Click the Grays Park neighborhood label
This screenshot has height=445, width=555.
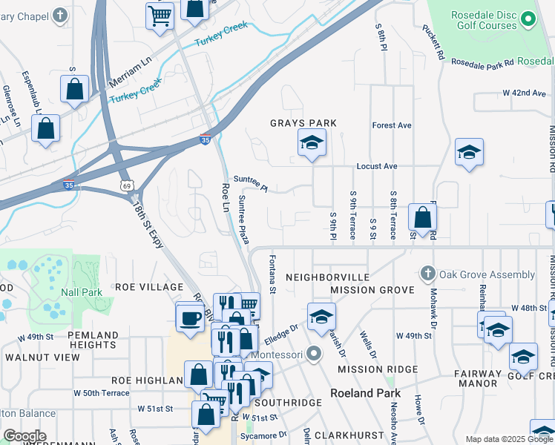point(303,123)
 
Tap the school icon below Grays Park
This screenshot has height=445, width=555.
point(312,143)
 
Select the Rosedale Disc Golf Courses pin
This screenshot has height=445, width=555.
point(528,19)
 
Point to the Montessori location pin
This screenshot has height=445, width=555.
point(313,354)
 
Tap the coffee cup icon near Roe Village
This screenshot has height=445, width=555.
point(190,317)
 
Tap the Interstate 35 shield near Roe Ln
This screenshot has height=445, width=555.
point(205,139)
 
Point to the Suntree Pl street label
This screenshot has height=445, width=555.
point(250,183)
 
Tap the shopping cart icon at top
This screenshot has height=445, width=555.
point(160,16)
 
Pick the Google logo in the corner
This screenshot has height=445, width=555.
point(24,436)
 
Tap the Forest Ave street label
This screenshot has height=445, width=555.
point(392,125)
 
